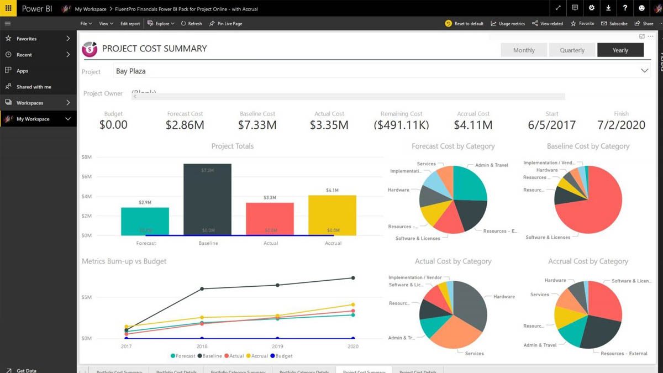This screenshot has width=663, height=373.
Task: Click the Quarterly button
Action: pyautogui.click(x=572, y=50)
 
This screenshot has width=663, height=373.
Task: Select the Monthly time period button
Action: pyautogui.click(x=524, y=50)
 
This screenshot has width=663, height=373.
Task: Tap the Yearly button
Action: pyautogui.click(x=620, y=50)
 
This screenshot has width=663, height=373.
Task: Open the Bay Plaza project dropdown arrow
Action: pyautogui.click(x=644, y=71)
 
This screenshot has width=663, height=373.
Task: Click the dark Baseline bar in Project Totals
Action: pyautogui.click(x=207, y=199)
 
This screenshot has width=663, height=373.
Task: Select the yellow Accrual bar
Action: pyautogui.click(x=332, y=216)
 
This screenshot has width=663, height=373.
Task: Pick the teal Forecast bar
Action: pyautogui.click(x=145, y=221)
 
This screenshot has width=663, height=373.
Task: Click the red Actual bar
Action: pyautogui.click(x=270, y=219)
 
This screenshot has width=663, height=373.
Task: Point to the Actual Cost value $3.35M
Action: pyautogui.click(x=329, y=125)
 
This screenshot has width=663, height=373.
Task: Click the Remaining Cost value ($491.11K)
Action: pyautogui.click(x=401, y=125)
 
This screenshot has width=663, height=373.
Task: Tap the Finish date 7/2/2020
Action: pyautogui.click(x=621, y=125)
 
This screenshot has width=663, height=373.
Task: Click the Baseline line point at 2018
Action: pyautogui.click(x=202, y=288)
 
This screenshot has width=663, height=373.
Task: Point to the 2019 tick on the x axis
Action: pyautogui.click(x=277, y=346)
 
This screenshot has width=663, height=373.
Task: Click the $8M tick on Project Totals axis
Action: pyautogui.click(x=86, y=157)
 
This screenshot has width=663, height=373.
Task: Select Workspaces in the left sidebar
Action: pyautogui.click(x=30, y=103)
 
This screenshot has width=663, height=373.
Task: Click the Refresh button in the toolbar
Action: pyautogui.click(x=192, y=24)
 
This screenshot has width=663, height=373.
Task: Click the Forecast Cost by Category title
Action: pyautogui.click(x=453, y=146)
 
